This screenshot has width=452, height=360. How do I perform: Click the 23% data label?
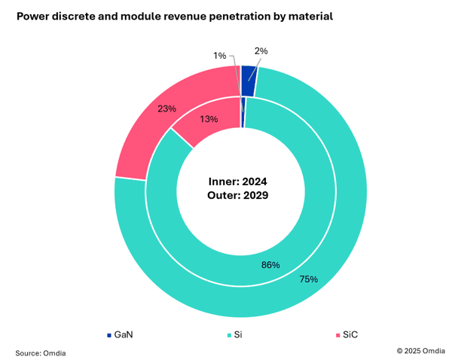tap(167, 108)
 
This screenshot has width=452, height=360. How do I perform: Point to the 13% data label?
tap(209, 119)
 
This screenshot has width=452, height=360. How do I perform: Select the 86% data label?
tap(270, 264)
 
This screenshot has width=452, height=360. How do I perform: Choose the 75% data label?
tap(309, 279)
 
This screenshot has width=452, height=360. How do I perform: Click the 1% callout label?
tap(219, 56)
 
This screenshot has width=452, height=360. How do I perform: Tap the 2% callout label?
tap(261, 51)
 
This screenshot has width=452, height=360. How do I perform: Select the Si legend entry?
tap(236, 334)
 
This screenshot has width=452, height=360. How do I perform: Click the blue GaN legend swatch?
tap(109, 334)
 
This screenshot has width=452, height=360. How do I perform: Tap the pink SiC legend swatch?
tap(336, 334)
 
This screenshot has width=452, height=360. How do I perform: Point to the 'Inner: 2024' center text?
tap(237, 182)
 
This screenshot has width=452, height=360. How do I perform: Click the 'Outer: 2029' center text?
tap(237, 194)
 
